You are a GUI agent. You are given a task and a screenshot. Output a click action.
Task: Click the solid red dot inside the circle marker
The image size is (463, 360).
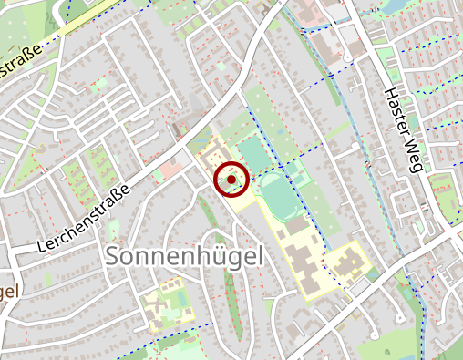pos(231,180)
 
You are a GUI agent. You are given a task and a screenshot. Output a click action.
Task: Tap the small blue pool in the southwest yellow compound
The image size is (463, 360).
pos(178,297)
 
